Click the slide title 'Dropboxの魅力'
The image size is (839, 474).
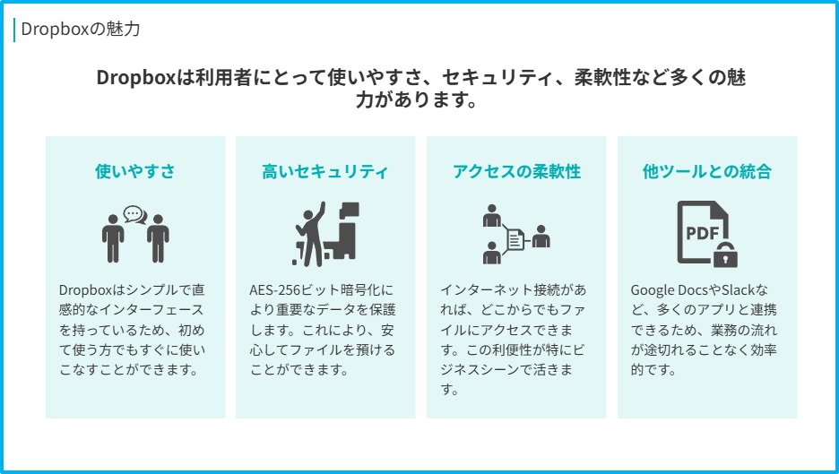point(81,29)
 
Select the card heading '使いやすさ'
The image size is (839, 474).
point(134,171)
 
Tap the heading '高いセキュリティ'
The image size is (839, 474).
point(324,171)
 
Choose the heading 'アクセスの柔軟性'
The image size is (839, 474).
point(516,171)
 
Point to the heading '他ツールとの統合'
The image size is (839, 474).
point(707,171)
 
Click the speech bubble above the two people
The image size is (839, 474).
point(134,214)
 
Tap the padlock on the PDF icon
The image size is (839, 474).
point(725,254)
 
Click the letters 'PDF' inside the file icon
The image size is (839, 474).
point(703,233)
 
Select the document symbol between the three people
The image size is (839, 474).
point(515,239)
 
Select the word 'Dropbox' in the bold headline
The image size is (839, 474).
point(136,78)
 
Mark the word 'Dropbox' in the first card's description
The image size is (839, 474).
point(85,290)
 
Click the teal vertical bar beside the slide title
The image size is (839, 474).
point(14,30)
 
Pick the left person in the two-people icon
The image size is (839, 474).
point(113,238)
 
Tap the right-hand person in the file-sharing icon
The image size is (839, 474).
point(541,236)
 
